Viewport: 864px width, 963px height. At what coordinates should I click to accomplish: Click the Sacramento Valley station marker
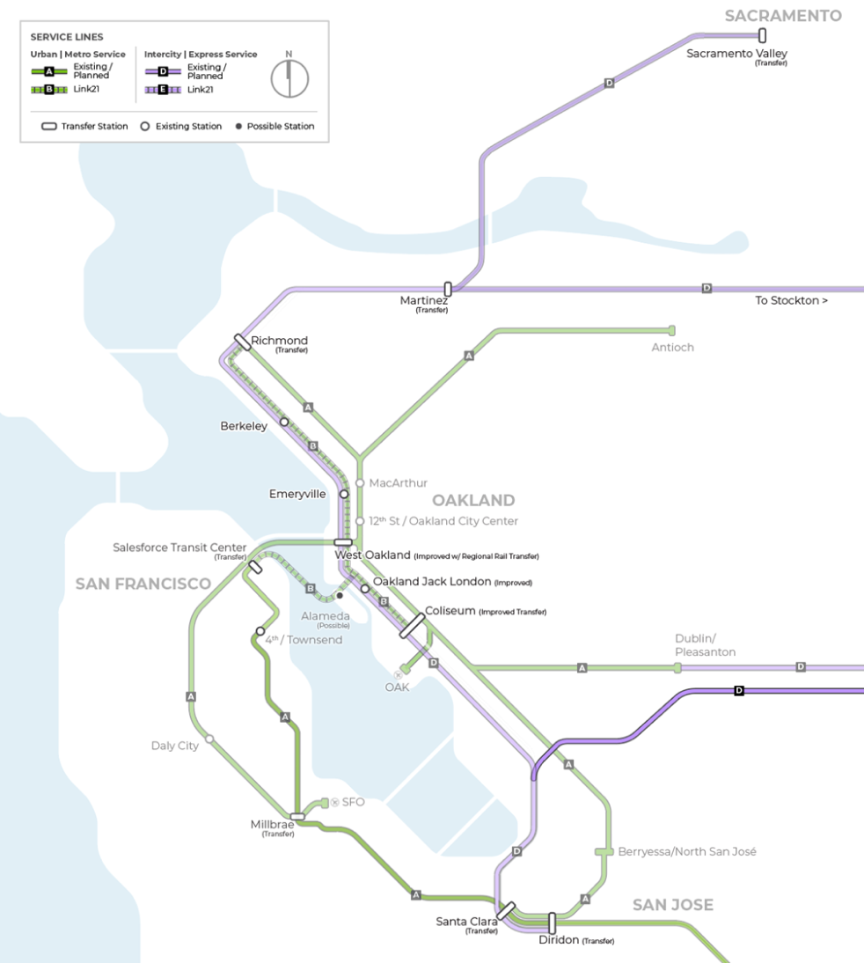click(x=762, y=35)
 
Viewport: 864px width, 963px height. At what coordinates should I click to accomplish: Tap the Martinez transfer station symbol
click(x=448, y=289)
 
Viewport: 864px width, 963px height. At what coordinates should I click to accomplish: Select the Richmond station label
click(x=279, y=341)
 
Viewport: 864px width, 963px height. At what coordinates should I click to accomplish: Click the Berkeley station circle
click(x=284, y=422)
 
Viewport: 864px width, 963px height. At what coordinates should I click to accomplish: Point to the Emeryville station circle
click(x=344, y=494)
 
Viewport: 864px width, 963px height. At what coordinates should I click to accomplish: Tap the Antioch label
click(x=672, y=348)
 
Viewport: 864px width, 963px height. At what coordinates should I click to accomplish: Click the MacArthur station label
click(x=398, y=483)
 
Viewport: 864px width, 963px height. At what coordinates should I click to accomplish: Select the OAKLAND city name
click(x=473, y=501)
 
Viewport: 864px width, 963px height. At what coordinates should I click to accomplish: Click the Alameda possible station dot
click(x=340, y=596)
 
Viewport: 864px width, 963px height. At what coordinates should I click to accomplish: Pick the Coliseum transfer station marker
click(x=413, y=621)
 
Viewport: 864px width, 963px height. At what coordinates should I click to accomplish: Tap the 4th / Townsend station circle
click(x=260, y=631)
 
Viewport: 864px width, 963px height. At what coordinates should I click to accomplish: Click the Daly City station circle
click(x=209, y=739)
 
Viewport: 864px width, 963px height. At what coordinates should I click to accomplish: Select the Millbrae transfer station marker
click(x=297, y=817)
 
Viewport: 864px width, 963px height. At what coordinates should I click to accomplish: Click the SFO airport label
click(x=353, y=802)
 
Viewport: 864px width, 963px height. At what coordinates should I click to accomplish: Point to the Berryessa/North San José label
click(x=687, y=852)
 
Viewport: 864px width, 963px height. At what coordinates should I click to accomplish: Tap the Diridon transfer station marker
click(x=553, y=923)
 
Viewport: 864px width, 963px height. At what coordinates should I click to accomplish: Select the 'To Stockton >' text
click(x=791, y=301)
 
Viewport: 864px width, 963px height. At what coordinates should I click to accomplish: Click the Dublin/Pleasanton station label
click(x=705, y=645)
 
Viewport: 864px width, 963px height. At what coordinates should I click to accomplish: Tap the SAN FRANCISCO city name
click(x=143, y=584)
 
